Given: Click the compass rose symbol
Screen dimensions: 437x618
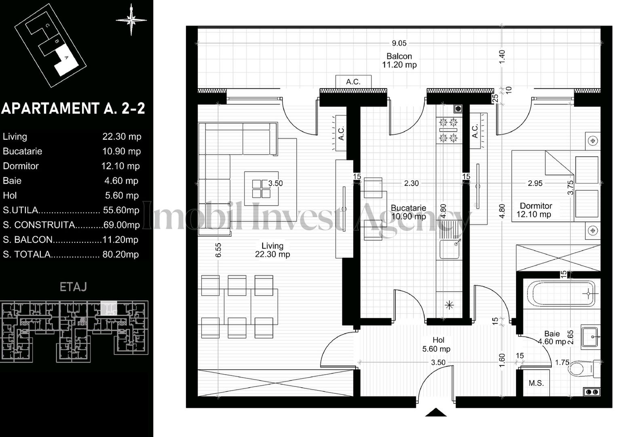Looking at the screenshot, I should coord(131,19).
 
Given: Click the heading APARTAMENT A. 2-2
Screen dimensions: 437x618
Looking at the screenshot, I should coord(73,108).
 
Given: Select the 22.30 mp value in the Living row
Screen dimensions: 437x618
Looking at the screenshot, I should coord(122,136).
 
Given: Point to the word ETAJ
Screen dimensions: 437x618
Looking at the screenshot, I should coord(73,287).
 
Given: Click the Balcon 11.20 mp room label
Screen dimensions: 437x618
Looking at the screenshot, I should coord(399,61).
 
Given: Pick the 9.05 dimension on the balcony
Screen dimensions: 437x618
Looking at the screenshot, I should coord(399,43).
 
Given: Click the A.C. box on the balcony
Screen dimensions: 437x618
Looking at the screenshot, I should coord(353,82).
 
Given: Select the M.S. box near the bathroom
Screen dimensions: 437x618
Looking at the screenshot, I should coord(536,383).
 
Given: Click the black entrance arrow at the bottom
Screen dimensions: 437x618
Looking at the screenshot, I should coord(436,412).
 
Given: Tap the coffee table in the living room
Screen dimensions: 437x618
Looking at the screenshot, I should coord(261,189).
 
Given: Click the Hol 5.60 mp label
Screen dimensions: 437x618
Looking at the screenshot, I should coord(436,345).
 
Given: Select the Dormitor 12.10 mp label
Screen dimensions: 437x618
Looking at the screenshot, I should coord(535,210).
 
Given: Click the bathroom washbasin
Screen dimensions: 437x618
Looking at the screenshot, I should coord(591,336).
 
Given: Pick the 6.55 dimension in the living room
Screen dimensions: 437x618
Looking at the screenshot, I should coord(218,250).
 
